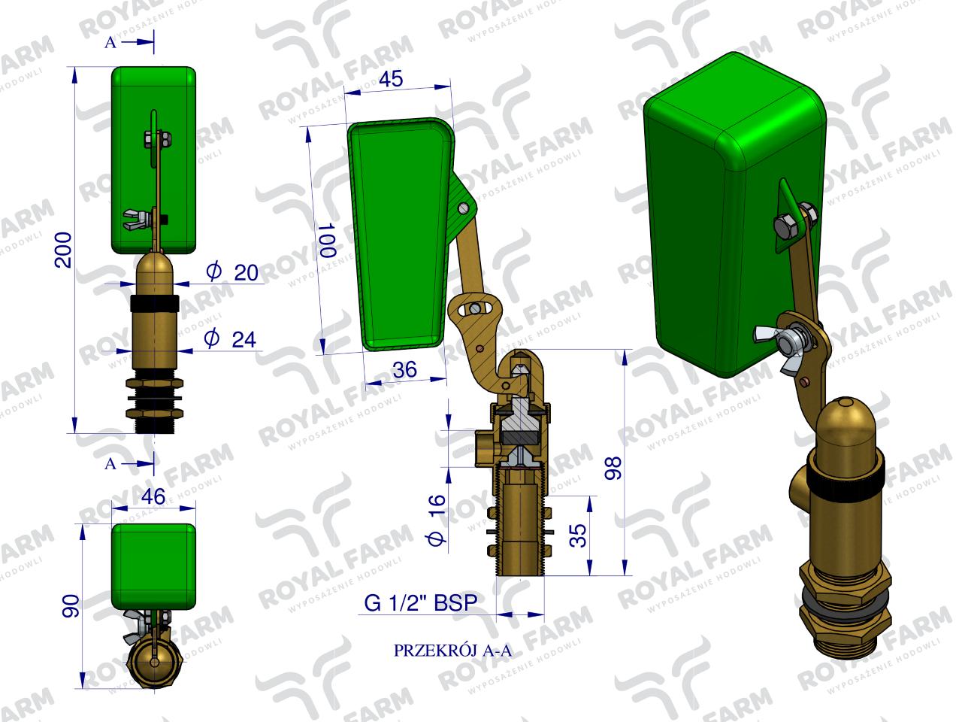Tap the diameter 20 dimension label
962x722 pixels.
(235, 272)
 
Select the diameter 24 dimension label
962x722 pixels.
(231, 339)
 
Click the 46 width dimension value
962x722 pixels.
(153, 497)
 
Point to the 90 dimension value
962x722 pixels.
(69, 607)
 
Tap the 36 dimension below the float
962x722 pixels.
(405, 370)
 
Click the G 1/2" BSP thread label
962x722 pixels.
(420, 603)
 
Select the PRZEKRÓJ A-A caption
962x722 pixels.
(452, 651)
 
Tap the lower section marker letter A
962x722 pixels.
(110, 464)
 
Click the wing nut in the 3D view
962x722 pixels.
(792, 344)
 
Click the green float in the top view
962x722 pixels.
(153, 566)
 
